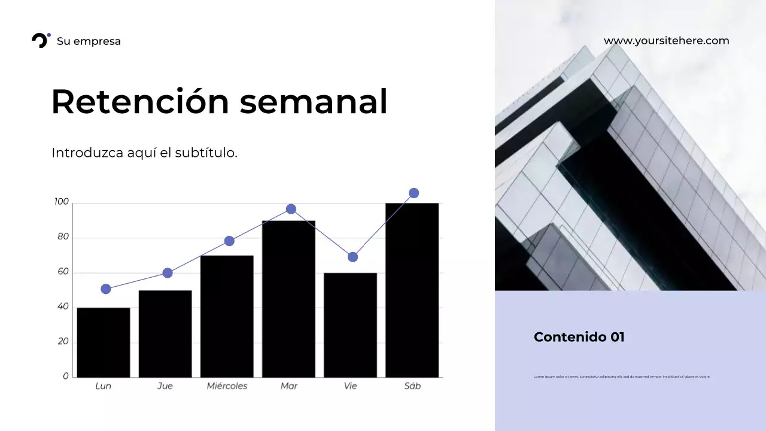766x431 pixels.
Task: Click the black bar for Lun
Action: coord(104,342)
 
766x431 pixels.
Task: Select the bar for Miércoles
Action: coord(227,316)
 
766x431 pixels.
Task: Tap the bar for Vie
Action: coord(350,325)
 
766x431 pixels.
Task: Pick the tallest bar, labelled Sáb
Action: coord(412,290)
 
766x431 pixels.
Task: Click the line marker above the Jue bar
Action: coord(168,273)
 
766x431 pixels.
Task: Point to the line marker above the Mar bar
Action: coord(291,209)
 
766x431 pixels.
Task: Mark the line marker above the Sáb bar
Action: coord(414,193)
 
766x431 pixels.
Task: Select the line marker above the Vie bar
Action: coord(352,257)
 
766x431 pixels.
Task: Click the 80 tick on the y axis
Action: coord(63,237)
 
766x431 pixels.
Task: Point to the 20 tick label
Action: coord(63,341)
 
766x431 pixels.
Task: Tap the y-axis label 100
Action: coord(62,202)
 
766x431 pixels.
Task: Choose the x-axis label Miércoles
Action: coord(227,386)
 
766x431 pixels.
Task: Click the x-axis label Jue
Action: coord(165,386)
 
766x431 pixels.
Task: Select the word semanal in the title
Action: coord(314,101)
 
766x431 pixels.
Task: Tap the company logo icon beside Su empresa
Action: coord(41,40)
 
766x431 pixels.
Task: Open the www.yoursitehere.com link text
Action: coord(666,41)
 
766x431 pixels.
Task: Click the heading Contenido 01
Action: coord(579,337)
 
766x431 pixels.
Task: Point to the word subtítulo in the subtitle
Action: coord(206,153)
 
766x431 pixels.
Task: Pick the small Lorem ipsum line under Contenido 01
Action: coord(621,377)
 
